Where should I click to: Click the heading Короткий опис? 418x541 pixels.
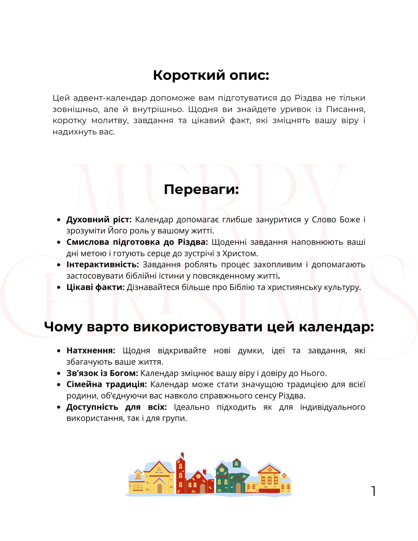(211, 75)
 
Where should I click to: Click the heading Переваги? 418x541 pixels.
(201, 189)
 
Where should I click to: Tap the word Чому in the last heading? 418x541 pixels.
(63, 327)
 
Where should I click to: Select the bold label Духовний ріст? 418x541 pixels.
(99, 220)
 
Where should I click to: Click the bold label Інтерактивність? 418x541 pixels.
(103, 265)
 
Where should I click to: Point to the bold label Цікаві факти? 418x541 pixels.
(95, 287)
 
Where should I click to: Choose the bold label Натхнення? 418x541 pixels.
(91, 350)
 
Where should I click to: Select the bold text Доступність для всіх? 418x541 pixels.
(117, 407)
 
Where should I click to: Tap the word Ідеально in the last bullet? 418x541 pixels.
(191, 407)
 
